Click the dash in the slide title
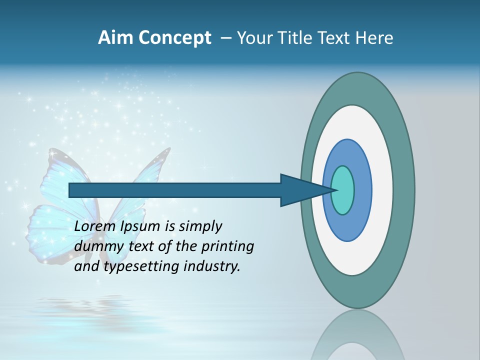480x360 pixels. click(225, 38)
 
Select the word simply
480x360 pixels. click(200, 227)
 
